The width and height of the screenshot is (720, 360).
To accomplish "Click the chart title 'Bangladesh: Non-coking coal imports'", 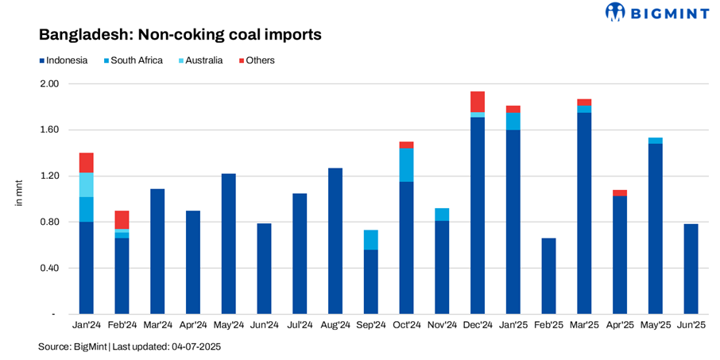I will pos(180,35).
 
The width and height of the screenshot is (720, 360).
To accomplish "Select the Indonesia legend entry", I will pos(63,60).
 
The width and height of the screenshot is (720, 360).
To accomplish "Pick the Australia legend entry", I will pos(203,60).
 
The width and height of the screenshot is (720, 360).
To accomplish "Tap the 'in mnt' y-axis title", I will pos(20,193).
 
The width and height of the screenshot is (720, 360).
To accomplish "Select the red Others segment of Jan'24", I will pos(87,162).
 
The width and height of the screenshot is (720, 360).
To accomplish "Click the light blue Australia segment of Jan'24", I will pos(87,184).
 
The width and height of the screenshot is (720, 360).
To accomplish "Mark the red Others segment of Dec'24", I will pos(478,101).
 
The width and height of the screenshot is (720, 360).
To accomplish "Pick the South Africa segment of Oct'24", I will pos(406,165).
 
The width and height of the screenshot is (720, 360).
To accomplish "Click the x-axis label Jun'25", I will pos(691,325).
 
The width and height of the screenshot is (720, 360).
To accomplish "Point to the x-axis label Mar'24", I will pos(157,325).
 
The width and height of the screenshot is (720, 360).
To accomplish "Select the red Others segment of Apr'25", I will pos(620,192).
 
